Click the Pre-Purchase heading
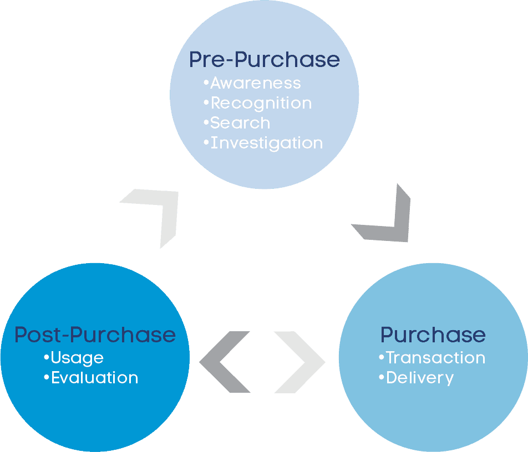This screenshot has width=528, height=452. coord(264,59)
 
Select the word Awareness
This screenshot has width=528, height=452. coord(256,83)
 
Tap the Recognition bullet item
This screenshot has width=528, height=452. coord(261,103)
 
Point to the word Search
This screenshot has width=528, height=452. coord(240,123)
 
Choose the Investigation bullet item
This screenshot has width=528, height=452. coord(267,143)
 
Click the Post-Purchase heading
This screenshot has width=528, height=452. coord(95,335)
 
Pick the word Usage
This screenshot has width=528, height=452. coord(77,358)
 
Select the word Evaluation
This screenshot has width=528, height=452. coord(94,378)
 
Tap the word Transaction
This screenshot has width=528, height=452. coord(435,358)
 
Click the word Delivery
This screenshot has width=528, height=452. coord(420,378)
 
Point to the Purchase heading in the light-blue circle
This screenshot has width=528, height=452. coord(433,335)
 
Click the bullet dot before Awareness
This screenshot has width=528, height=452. coord(206,83)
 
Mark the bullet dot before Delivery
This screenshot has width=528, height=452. coord(382,377)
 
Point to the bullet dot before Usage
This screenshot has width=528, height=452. coord(47,357)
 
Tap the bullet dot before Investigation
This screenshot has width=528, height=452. coord(206,142)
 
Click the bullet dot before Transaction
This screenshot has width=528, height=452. coord(382,357)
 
